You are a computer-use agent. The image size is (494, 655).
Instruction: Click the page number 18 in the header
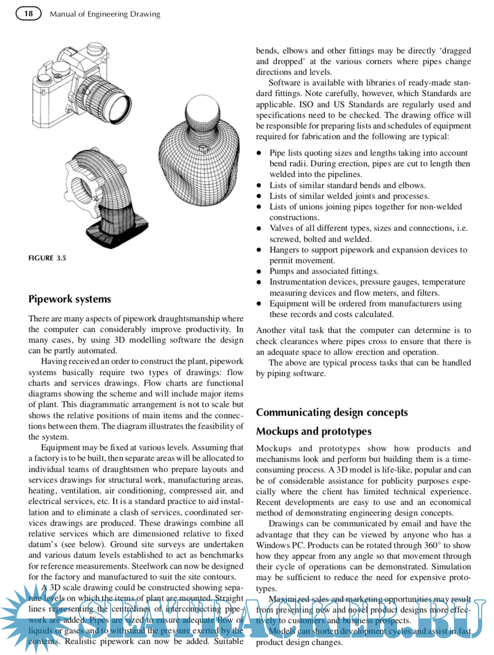tap(29, 14)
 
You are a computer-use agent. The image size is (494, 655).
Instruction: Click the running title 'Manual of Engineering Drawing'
tap(105, 14)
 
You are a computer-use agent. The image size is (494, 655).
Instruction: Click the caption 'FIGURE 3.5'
tap(47, 258)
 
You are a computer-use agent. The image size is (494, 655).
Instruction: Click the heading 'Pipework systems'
tap(70, 299)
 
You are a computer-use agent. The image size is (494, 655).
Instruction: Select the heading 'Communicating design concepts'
tap(332, 412)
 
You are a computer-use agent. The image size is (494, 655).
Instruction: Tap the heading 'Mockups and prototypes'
tap(313, 431)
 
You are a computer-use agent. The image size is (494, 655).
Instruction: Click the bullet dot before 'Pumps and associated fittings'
tap(259, 272)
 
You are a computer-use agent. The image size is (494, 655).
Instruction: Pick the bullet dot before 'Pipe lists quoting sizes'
tap(259, 153)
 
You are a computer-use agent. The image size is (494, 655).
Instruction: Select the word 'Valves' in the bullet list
tap(281, 228)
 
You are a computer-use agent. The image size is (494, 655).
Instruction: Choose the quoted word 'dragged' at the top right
tap(455, 51)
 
